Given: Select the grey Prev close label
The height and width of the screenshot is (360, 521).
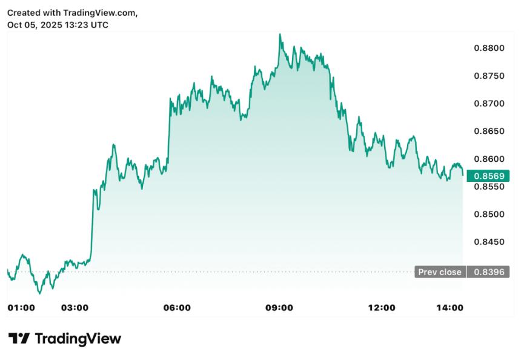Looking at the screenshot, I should (440, 272).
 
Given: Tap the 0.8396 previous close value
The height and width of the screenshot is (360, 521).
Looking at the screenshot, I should (488, 272).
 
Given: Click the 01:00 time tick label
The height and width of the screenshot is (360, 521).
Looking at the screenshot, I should (21, 308).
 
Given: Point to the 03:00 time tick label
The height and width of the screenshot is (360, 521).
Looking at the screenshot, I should (75, 308).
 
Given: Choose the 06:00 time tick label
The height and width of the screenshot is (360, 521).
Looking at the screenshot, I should (178, 308).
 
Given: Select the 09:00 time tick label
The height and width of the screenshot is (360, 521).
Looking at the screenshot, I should (279, 308).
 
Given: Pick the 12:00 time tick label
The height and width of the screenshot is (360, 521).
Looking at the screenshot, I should (382, 308).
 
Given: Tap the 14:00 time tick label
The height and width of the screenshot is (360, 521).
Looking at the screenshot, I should (450, 308).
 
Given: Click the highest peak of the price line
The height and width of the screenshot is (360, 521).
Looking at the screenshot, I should (280, 35).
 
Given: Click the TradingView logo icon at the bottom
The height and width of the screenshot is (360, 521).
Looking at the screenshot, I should (19, 339).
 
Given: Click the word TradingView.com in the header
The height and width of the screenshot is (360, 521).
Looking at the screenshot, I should (100, 13).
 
